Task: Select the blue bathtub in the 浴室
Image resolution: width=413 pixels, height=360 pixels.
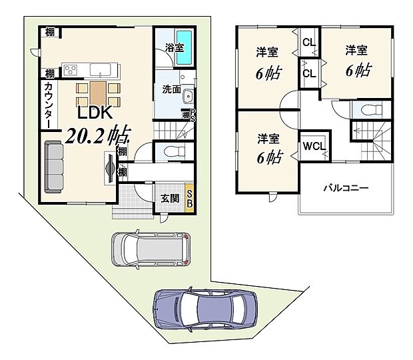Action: [185, 48]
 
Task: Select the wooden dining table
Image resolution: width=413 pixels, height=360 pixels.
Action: [98, 93]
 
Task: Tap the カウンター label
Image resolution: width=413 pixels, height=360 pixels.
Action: [49, 104]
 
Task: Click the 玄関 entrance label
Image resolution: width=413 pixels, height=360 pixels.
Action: [170, 198]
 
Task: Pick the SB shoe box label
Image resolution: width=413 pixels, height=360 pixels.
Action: [190, 197]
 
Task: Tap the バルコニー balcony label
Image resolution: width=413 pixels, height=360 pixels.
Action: [346, 188]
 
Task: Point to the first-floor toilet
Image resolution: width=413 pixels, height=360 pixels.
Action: [173, 151]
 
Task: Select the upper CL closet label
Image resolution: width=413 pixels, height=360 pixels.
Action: [309, 43]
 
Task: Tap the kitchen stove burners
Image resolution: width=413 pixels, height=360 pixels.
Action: [71, 69]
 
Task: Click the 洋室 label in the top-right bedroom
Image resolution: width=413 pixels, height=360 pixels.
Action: [355, 49]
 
